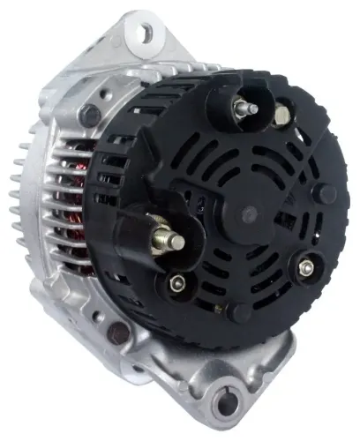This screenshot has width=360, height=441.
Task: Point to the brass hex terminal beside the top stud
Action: [x=281, y=114]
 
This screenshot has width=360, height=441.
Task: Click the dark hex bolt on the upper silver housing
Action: [x=90, y=112]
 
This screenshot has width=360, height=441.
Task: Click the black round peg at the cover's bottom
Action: [x=236, y=313]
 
